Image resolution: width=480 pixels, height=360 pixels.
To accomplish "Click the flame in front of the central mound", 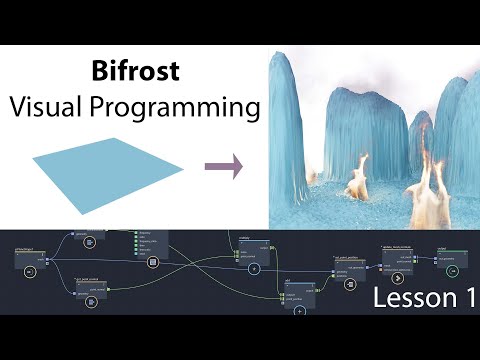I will pyautogui.click(x=357, y=183).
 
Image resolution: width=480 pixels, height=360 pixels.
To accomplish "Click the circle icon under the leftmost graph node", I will pyautogui.click(x=29, y=271).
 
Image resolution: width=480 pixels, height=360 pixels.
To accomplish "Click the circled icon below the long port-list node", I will pyautogui.click(x=153, y=262).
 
